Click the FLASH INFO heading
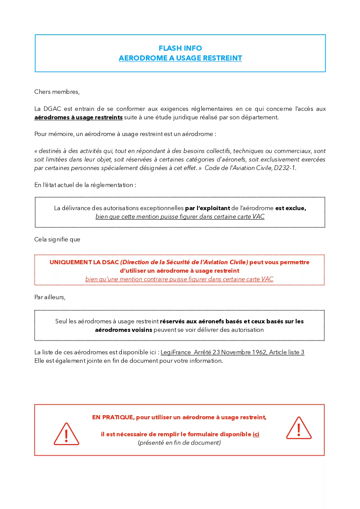(x=180, y=48)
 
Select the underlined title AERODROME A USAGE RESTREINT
(x=180, y=58)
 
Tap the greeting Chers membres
(x=57, y=92)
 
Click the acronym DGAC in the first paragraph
(x=52, y=109)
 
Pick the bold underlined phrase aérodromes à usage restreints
(x=78, y=117)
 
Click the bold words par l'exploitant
(x=208, y=208)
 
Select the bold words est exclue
(x=291, y=208)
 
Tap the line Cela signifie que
(x=57, y=239)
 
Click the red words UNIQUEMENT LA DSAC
(x=84, y=262)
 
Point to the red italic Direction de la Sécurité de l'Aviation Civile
(x=184, y=262)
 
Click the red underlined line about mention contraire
(x=179, y=279)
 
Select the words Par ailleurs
(x=50, y=297)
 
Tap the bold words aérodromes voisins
(x=124, y=330)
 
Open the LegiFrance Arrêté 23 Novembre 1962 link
(x=232, y=352)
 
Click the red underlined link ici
(x=256, y=434)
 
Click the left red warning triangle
(x=66, y=435)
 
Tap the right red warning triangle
(x=299, y=428)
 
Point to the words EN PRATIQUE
(x=113, y=417)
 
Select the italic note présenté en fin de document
(x=179, y=443)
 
